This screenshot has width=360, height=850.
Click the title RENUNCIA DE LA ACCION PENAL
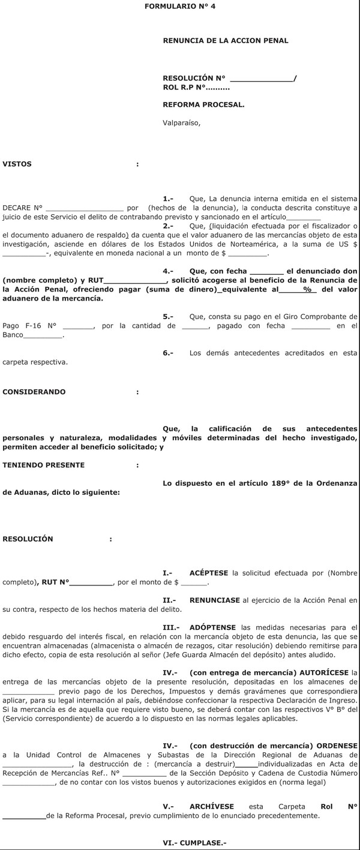pyautogui.click(x=226, y=41)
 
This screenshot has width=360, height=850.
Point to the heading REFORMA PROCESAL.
pyautogui.click(x=203, y=104)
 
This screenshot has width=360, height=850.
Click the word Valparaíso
pyautogui.click(x=181, y=124)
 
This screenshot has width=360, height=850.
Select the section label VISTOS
pyautogui.click(x=17, y=164)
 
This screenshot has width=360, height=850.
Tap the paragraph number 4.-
pyautogui.click(x=168, y=271)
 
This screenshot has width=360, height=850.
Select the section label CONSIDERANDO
pyautogui.click(x=34, y=392)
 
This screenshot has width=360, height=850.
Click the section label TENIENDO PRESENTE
pyautogui.click(x=44, y=465)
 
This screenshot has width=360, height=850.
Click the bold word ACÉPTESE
pyautogui.click(x=209, y=573)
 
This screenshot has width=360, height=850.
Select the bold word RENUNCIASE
pyautogui.click(x=214, y=600)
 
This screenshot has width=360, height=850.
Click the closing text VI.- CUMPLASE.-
pyautogui.click(x=194, y=843)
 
